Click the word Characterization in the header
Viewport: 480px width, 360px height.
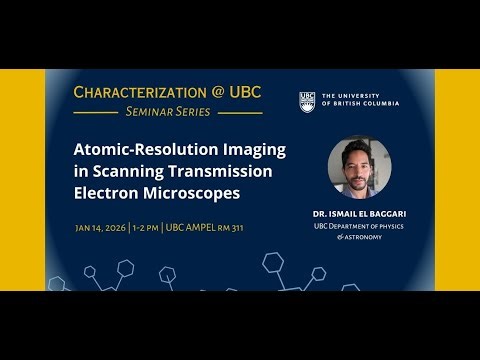coord(135,92)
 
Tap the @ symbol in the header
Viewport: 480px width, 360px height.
coord(215,92)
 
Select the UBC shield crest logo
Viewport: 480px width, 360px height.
coord(307,101)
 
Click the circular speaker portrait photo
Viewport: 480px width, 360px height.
coord(359,167)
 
